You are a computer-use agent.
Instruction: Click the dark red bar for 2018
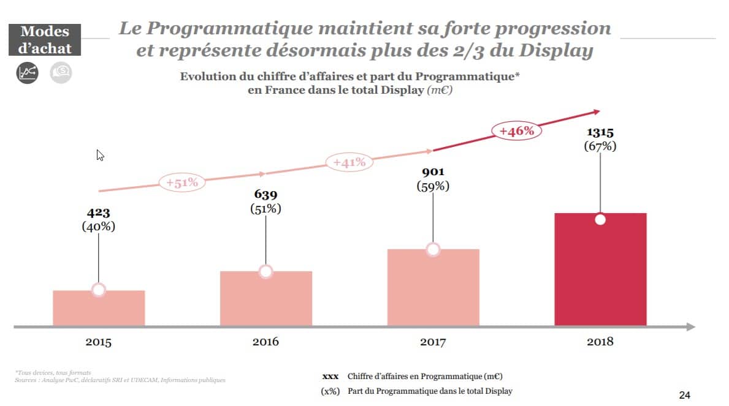click(600, 276)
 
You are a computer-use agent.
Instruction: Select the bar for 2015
click(99, 309)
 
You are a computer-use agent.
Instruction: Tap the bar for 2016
click(265, 300)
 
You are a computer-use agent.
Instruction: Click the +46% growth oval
click(516, 130)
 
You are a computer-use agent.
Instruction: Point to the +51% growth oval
click(182, 182)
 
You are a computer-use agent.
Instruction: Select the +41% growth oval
click(349, 162)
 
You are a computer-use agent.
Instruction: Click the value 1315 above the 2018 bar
click(600, 132)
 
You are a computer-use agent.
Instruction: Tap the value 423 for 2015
click(99, 213)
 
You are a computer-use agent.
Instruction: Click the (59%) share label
click(433, 186)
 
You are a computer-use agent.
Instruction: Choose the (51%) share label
click(265, 208)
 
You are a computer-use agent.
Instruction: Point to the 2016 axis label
click(265, 342)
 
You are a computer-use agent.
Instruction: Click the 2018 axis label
click(600, 342)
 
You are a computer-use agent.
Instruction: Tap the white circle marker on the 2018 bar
click(600, 220)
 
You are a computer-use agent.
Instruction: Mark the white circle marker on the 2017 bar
click(433, 249)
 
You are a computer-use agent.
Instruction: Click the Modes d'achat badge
click(45, 40)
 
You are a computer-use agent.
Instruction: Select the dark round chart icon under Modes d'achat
click(27, 73)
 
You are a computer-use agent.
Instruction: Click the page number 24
click(685, 395)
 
